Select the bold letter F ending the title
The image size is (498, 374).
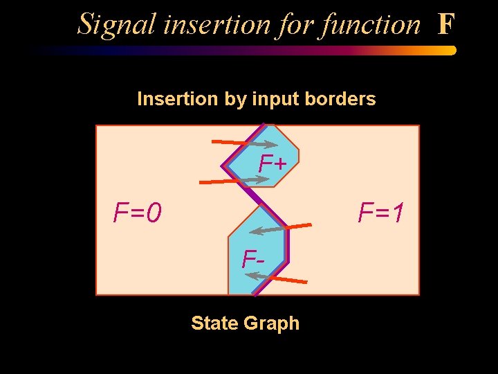point(446,24)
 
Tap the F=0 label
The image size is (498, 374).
point(138,213)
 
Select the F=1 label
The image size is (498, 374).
point(381,213)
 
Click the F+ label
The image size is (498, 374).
point(273,164)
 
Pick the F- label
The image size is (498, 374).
point(253,259)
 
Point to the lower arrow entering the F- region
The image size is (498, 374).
point(277,277)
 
